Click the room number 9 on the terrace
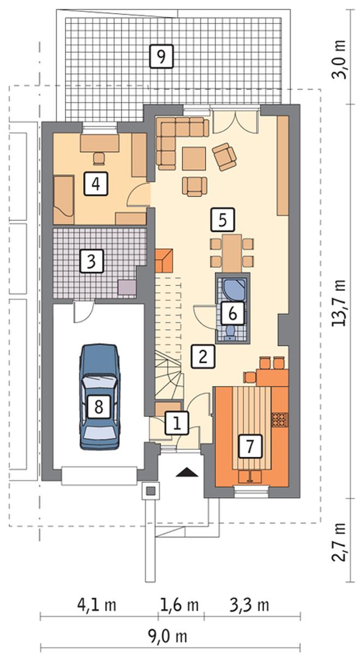click(x=161, y=56)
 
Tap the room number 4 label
click(x=95, y=184)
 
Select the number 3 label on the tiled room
click(x=92, y=261)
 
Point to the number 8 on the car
click(x=99, y=407)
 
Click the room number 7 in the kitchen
click(x=250, y=446)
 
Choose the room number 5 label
click(x=223, y=219)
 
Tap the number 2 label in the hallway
click(x=203, y=357)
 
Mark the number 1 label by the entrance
click(x=177, y=423)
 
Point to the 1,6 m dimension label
click(x=179, y=605)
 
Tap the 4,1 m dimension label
click(x=97, y=605)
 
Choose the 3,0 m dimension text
click(x=339, y=59)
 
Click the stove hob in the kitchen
click(x=280, y=420)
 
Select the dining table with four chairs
click(x=232, y=253)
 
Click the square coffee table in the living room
click(x=194, y=159)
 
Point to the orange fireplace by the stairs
click(x=164, y=260)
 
